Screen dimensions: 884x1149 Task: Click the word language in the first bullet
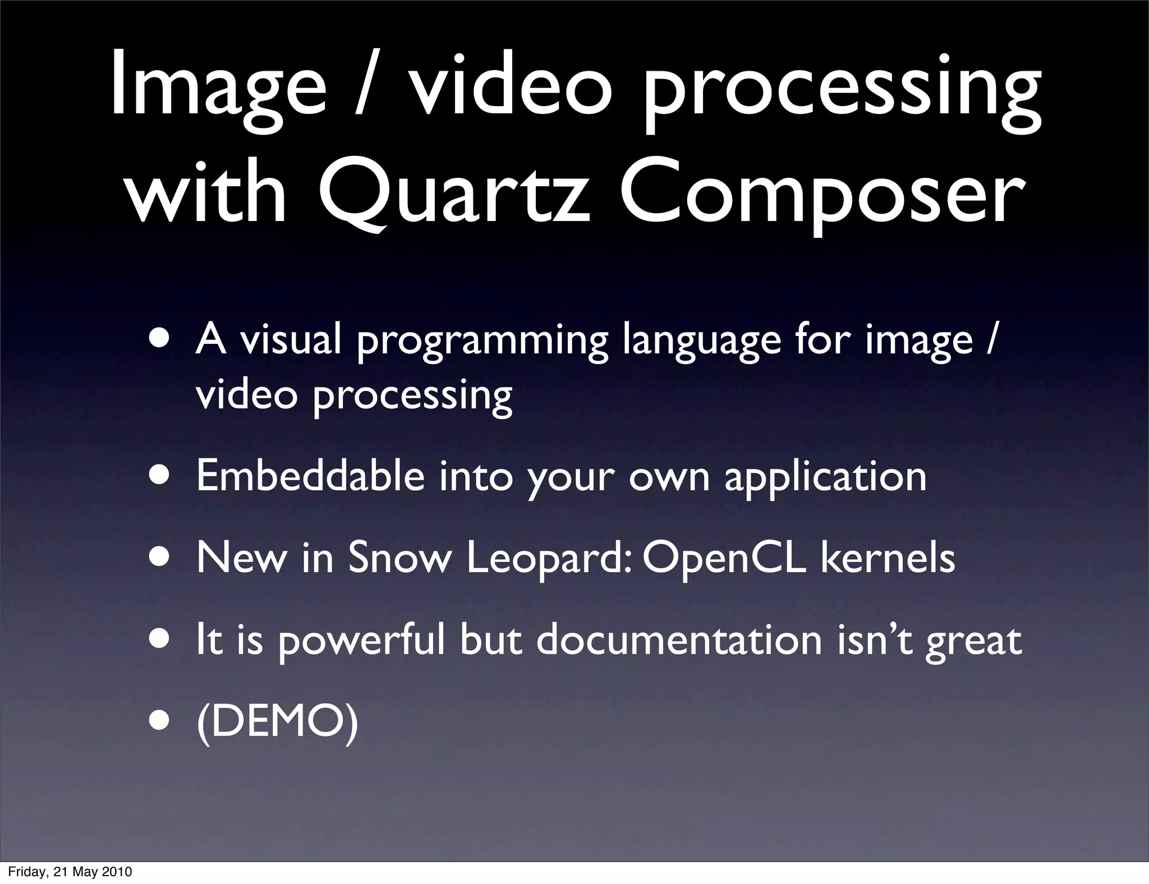click(x=701, y=342)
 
